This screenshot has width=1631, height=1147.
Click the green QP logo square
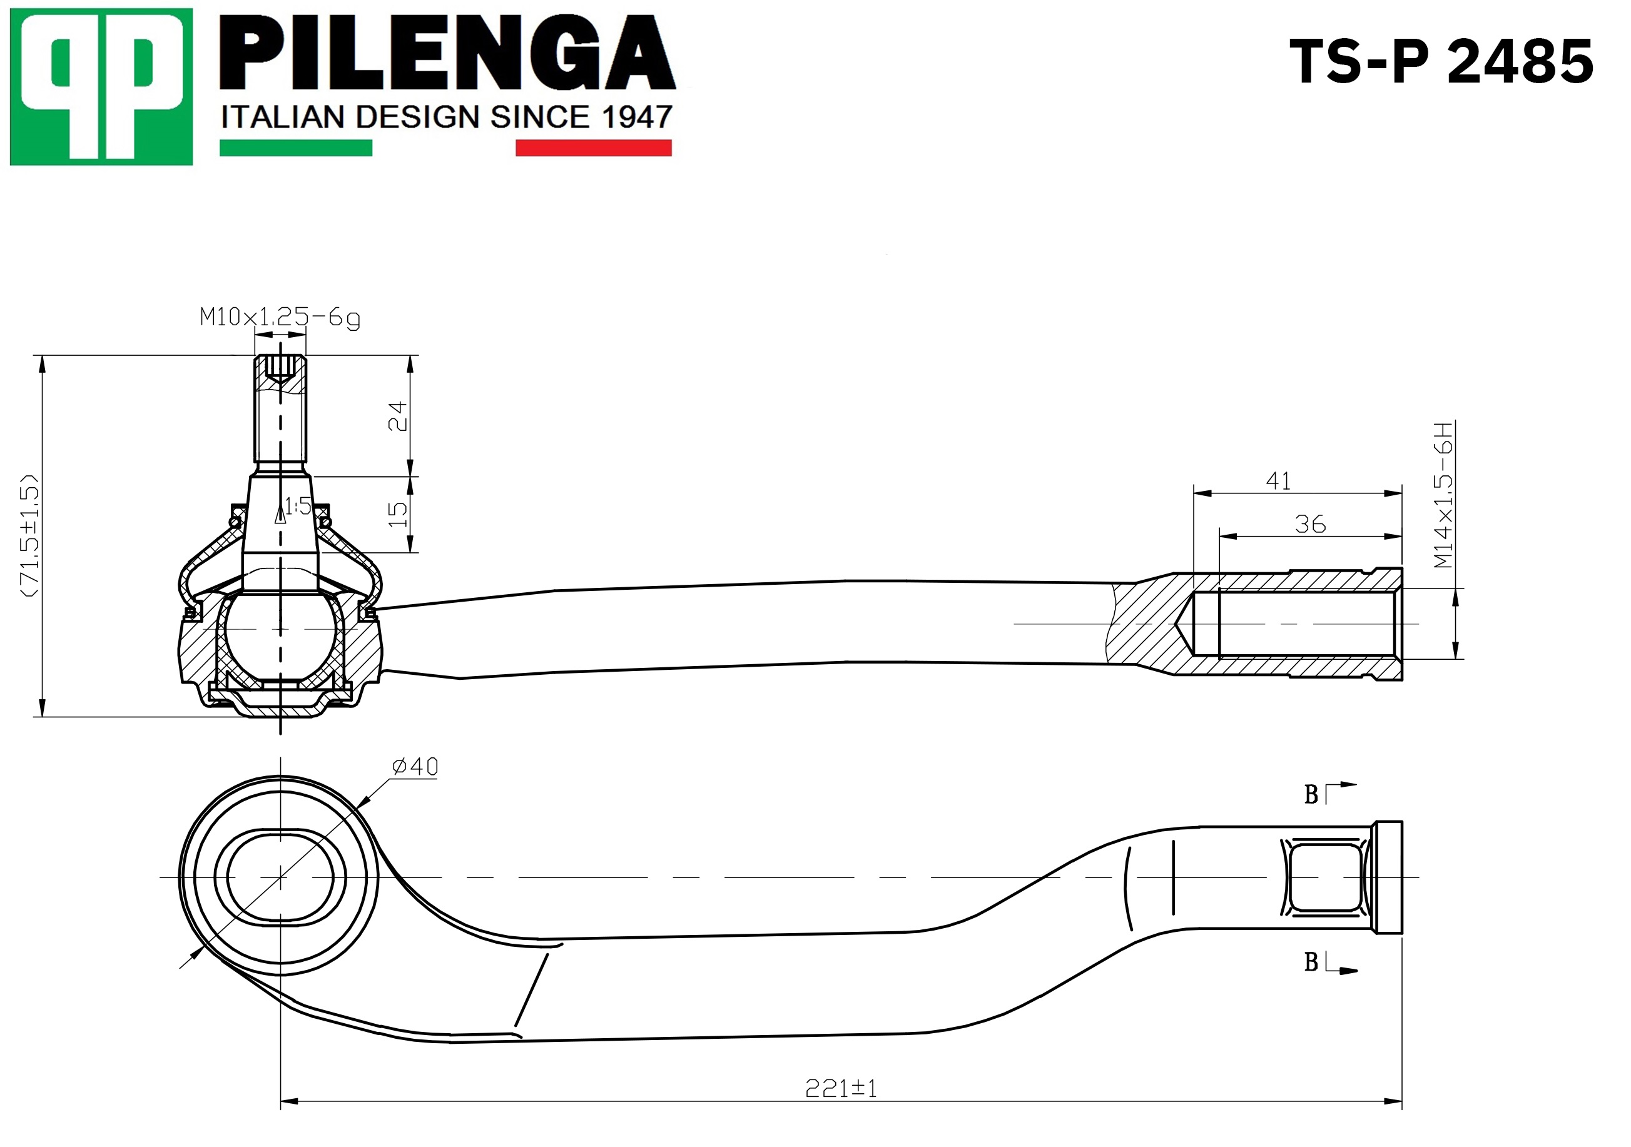click(101, 87)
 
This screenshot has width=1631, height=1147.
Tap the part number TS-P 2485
click(1441, 63)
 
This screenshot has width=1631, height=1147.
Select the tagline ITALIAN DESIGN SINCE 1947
click(446, 117)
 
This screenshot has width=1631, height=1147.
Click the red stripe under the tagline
click(593, 148)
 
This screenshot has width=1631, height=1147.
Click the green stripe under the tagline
click(295, 148)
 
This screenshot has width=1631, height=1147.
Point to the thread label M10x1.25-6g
click(280, 318)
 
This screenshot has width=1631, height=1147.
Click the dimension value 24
click(398, 415)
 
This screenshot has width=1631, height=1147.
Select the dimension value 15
click(398, 513)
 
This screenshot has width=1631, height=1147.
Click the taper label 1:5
click(298, 507)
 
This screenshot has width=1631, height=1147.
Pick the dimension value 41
click(1278, 482)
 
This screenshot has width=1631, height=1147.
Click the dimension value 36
click(1310, 524)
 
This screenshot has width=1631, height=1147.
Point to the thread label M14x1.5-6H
click(1443, 495)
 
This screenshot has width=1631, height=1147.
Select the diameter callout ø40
click(415, 766)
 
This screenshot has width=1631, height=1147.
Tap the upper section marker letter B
click(1311, 795)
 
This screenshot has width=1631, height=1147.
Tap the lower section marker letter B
click(1311, 963)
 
